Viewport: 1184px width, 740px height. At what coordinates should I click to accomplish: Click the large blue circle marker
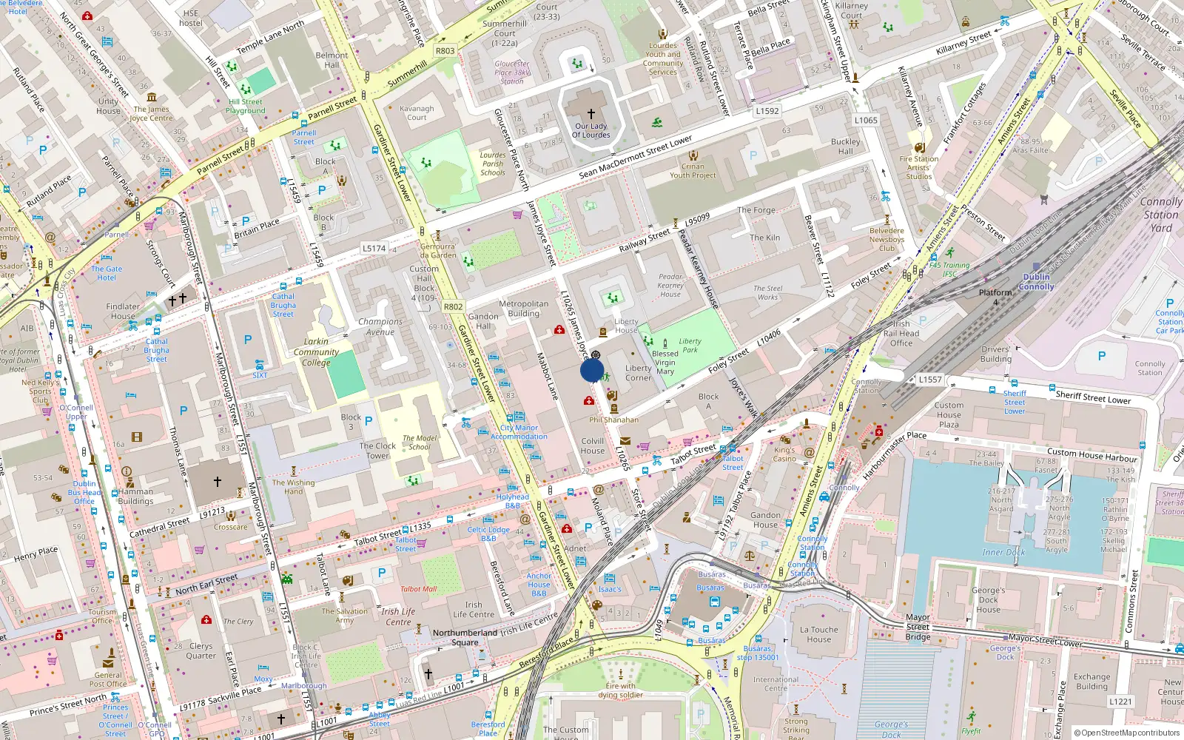click(x=592, y=370)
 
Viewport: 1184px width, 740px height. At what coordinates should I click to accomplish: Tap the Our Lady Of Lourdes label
click(x=591, y=130)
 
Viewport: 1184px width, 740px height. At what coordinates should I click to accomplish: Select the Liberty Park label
click(x=690, y=346)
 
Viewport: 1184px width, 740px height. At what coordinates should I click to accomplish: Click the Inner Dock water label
click(x=1003, y=552)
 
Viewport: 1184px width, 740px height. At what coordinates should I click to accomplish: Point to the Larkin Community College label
click(x=316, y=352)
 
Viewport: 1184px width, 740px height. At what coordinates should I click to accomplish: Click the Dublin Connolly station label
click(x=1036, y=282)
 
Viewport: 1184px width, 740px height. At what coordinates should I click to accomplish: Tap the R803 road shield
click(x=445, y=51)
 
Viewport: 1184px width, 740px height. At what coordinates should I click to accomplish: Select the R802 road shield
click(x=453, y=306)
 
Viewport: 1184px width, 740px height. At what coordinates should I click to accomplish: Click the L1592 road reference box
click(x=767, y=111)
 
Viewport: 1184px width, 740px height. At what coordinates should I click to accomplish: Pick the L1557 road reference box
click(x=930, y=380)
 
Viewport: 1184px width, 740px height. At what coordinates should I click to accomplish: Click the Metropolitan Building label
click(x=523, y=309)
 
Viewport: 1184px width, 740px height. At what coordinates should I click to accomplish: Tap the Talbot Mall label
click(x=418, y=589)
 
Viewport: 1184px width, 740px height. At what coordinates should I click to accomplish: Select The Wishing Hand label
click(x=293, y=487)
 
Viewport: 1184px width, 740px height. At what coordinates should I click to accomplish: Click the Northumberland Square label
click(x=465, y=637)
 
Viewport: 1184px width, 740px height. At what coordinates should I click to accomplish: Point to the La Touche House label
click(x=818, y=635)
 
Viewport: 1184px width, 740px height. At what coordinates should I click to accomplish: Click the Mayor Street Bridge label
click(x=918, y=627)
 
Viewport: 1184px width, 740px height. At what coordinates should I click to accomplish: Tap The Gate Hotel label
click(x=107, y=273)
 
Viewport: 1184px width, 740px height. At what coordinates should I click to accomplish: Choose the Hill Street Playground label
click(x=245, y=107)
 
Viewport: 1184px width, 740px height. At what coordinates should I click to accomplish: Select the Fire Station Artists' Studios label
click(x=919, y=167)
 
